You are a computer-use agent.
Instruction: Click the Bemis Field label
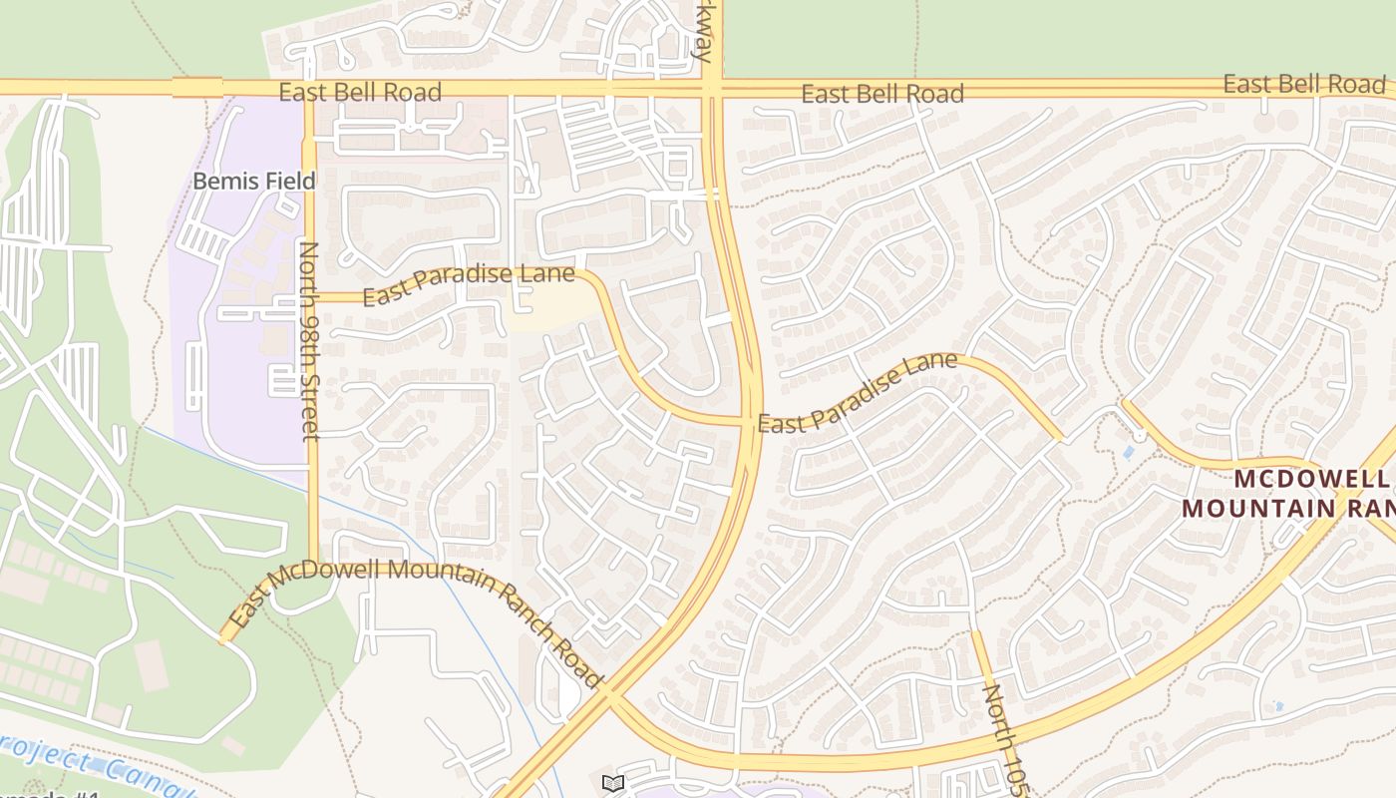tap(253, 182)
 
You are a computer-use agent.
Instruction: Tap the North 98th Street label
tap(309, 340)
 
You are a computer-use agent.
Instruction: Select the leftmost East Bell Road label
tap(359, 93)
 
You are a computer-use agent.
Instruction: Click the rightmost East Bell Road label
tap(1304, 84)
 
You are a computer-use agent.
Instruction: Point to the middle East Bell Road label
tap(882, 94)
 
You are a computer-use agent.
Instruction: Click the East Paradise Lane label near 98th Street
tap(468, 284)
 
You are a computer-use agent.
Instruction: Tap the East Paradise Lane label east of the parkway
tap(858, 393)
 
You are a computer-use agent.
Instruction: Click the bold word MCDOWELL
tap(1310, 479)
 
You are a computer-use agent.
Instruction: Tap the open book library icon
tap(613, 783)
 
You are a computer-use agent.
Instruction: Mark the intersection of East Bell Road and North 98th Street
tap(309, 89)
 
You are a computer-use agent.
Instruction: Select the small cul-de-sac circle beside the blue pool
tap(1140, 436)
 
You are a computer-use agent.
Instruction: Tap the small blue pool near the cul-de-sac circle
tap(1128, 452)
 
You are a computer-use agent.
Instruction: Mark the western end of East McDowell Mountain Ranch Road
tap(223, 640)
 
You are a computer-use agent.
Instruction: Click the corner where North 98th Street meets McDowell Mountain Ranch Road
tap(313, 565)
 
